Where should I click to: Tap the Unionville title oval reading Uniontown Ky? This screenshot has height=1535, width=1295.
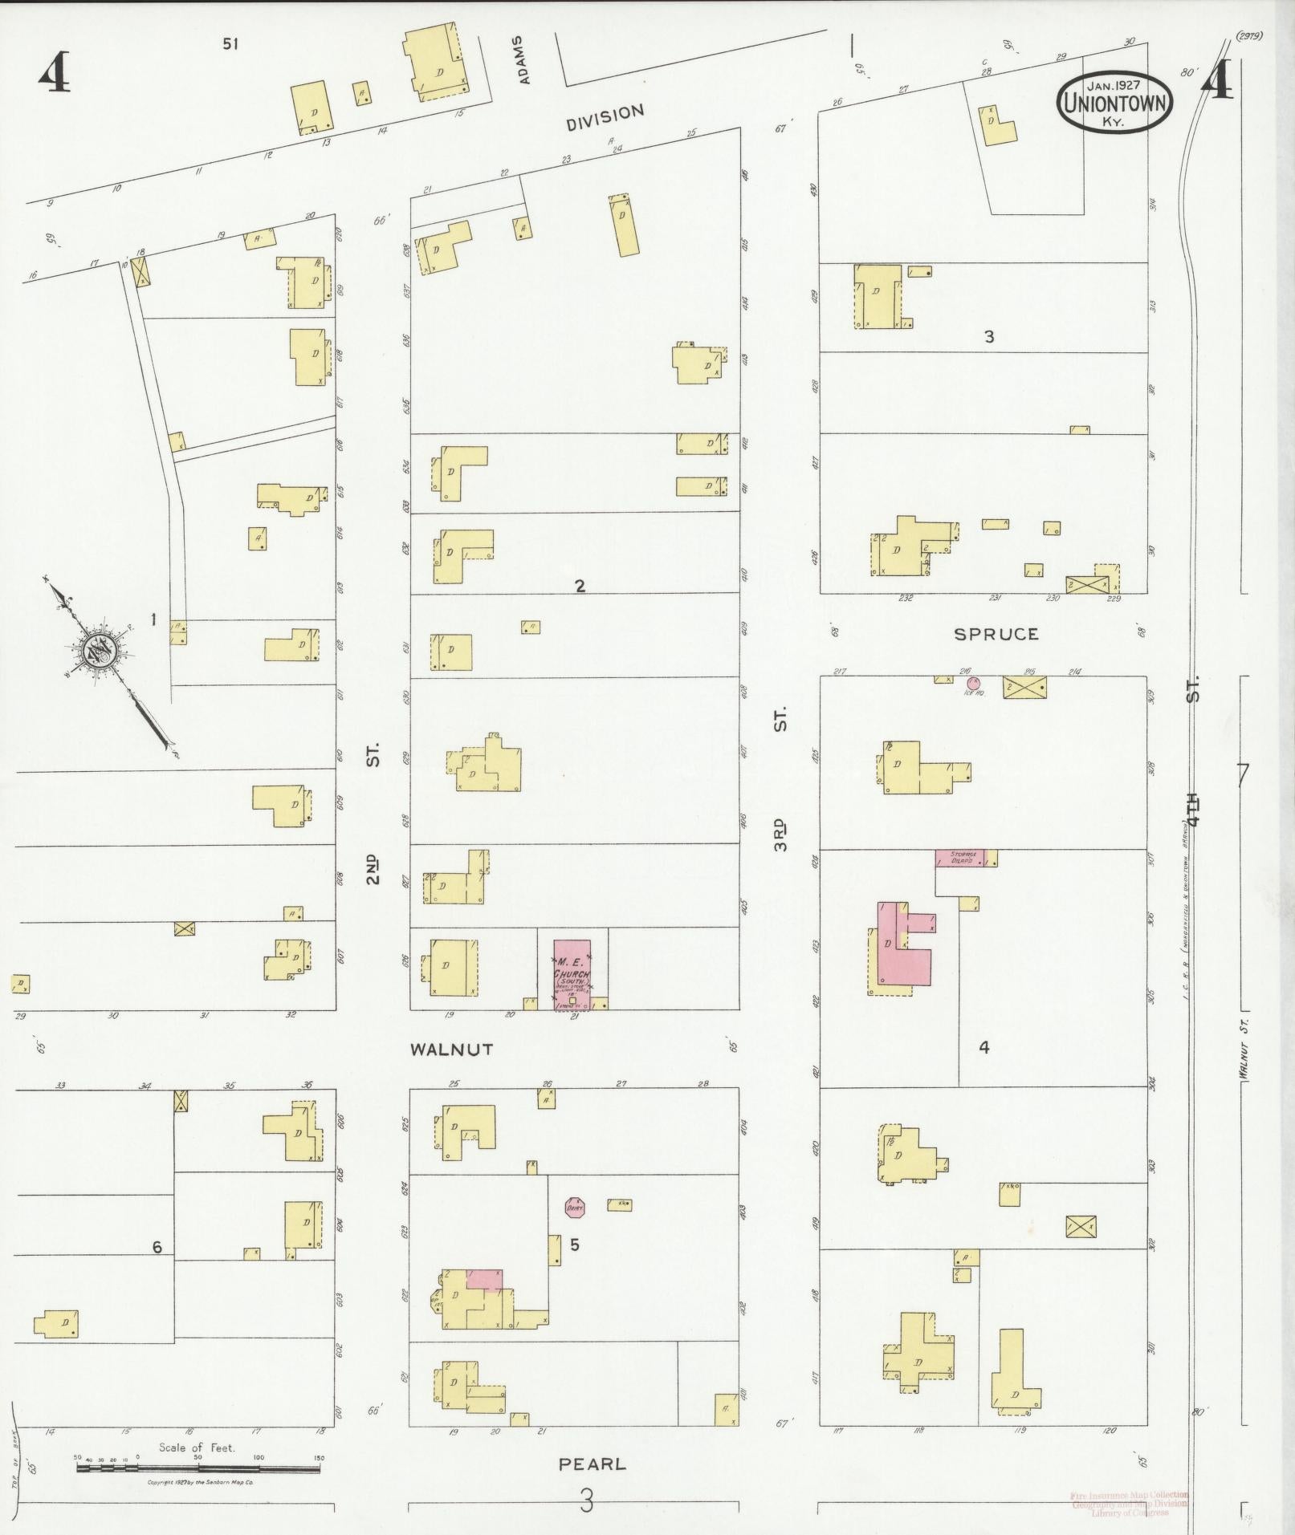(x=1114, y=104)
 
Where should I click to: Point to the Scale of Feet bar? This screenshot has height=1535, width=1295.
(x=198, y=1466)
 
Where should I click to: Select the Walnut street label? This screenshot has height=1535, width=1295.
(x=450, y=1049)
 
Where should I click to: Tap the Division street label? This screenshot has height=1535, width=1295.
(x=605, y=118)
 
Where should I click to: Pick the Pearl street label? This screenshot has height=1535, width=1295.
(x=592, y=1464)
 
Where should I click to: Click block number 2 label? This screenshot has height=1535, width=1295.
(x=580, y=586)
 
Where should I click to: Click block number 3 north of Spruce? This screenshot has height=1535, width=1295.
(x=989, y=337)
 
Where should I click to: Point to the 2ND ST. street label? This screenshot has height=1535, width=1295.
(x=373, y=818)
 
